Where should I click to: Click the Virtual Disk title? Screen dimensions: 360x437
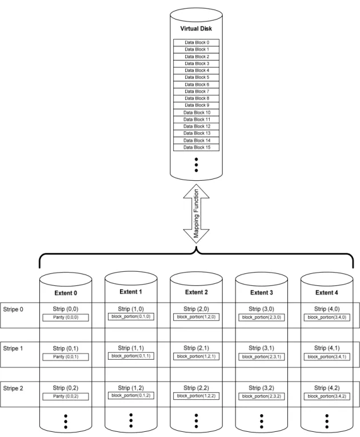click(196, 29)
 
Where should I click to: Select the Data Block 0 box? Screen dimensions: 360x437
click(197, 42)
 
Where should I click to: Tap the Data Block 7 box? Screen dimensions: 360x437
click(197, 92)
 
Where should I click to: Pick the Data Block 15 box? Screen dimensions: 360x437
click(197, 148)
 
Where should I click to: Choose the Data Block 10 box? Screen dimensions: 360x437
click(197, 113)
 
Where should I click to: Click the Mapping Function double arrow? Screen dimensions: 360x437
click(197, 213)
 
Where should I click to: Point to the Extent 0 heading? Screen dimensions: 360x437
click(66, 293)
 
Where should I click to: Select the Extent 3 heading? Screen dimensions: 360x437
click(262, 292)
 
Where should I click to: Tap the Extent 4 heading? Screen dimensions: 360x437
click(327, 292)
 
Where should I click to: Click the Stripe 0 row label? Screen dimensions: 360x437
click(13, 309)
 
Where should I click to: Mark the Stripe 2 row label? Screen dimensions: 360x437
click(13, 388)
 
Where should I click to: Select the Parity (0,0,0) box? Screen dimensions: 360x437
click(66, 317)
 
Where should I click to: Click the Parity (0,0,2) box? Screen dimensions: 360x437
click(66, 396)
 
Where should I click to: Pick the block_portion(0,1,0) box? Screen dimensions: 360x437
click(131, 317)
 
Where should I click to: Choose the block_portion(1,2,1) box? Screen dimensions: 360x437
click(197, 356)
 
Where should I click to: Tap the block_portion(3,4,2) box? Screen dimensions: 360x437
click(327, 396)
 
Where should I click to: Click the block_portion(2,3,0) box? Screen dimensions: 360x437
click(262, 317)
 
